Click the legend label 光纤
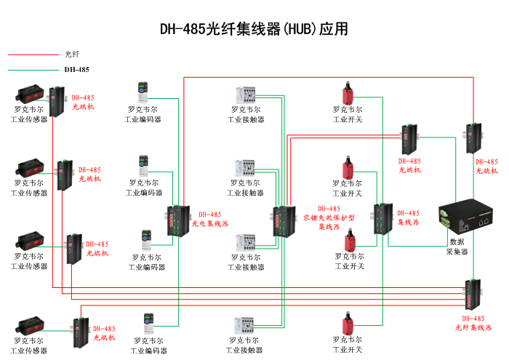[x=71, y=54]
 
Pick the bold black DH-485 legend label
[x=76, y=70]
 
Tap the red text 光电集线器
[x=210, y=224]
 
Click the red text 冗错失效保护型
[x=329, y=217]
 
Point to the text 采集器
[x=457, y=252]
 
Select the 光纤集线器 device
[x=473, y=295]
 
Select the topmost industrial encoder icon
[x=142, y=92]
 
